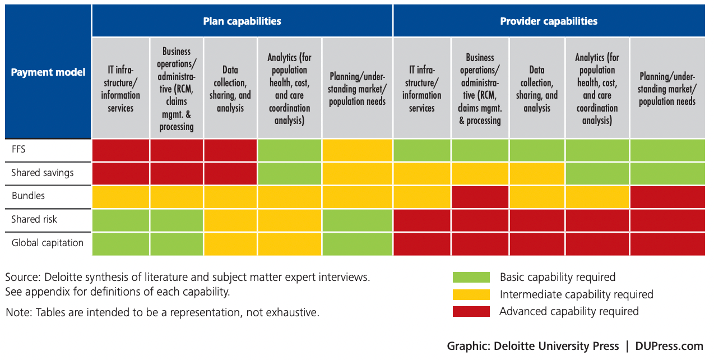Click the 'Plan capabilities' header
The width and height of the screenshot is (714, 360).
[x=242, y=21]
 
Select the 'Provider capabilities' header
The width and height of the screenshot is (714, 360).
[x=549, y=21]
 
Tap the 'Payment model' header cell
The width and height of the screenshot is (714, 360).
[x=48, y=72]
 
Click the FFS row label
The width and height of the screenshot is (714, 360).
[x=20, y=149]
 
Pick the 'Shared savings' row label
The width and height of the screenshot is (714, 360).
[x=43, y=173]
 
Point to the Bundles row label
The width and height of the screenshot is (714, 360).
[x=28, y=196]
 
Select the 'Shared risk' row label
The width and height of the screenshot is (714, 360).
[x=34, y=219]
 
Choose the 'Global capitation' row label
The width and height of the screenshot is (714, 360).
[x=48, y=243]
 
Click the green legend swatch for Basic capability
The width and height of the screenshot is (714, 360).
[x=471, y=277]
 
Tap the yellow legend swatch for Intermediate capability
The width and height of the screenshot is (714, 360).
[x=471, y=294]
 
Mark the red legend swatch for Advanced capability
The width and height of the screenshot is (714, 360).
[x=471, y=311]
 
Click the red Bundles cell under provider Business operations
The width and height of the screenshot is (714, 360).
[x=480, y=197]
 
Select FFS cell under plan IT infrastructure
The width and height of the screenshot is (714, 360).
[x=120, y=150]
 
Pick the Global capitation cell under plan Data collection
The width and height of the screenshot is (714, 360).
[x=230, y=244]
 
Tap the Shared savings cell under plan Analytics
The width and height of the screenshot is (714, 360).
[x=289, y=173]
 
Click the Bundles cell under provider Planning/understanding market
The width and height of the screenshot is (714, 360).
[x=667, y=197]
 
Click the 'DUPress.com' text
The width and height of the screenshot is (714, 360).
[x=669, y=346]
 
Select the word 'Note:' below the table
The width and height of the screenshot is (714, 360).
[x=19, y=312]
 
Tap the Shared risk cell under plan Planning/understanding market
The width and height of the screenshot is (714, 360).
[x=357, y=220]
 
